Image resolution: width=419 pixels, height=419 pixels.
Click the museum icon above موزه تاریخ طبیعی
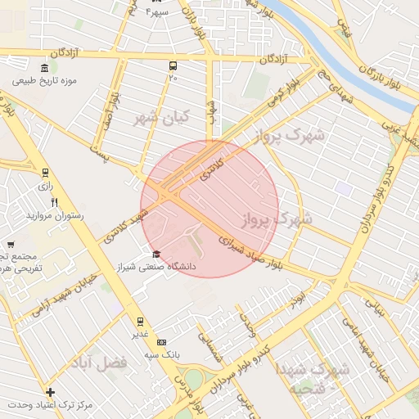(43, 68)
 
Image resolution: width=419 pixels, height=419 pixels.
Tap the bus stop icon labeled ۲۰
(173, 65)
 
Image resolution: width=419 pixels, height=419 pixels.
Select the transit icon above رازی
(44, 173)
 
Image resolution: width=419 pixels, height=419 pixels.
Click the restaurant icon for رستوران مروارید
(54, 201)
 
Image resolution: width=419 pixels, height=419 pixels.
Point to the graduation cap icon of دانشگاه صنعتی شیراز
(156, 253)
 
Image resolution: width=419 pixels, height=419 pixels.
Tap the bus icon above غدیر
(140, 321)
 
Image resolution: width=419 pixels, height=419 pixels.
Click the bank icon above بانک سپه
(161, 342)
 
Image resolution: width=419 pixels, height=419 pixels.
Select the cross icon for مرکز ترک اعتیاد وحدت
(51, 393)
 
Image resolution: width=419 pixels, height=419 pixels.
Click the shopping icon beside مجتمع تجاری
(11, 244)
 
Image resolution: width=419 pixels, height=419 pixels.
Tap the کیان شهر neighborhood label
(161, 118)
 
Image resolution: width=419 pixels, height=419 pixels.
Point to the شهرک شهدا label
(313, 369)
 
